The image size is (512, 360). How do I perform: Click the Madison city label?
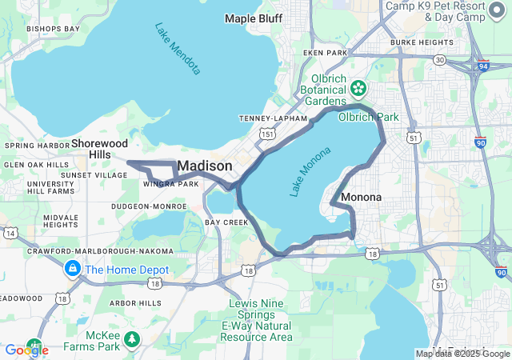coord(205,166)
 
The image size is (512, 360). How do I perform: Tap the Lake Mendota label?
coord(178,48)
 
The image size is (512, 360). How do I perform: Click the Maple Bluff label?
coord(254,18)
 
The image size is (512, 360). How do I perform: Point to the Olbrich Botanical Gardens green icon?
coord(358,86)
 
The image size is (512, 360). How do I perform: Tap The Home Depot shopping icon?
coord(73,269)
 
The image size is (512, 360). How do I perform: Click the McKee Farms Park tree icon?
coord(132,339)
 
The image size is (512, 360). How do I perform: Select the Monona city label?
coord(361,197)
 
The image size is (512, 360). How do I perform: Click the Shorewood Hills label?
coord(99,148)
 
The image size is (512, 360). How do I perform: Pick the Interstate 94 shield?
coord(482,67)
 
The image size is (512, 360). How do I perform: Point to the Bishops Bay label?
coord(53,29)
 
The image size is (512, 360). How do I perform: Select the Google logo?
coord(26,350)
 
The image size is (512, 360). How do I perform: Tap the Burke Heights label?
coord(421,42)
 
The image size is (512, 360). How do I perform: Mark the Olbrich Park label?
coord(368,117)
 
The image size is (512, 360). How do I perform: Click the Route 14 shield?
coord(10,233)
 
